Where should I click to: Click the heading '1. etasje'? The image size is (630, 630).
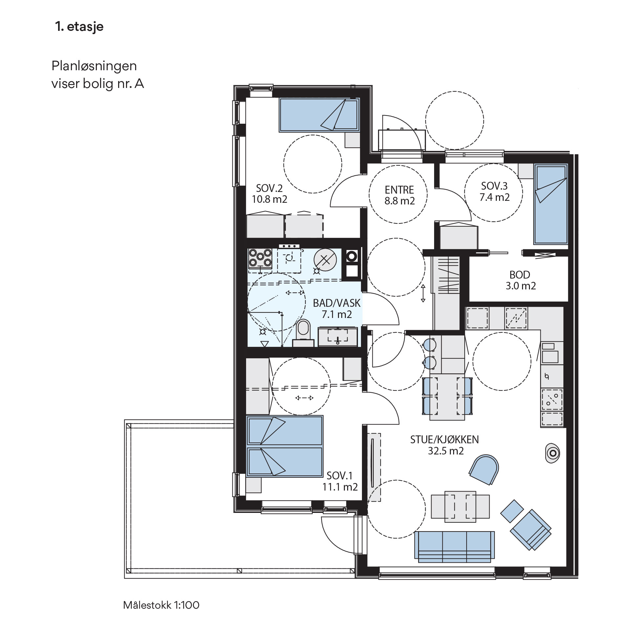[x=79, y=27]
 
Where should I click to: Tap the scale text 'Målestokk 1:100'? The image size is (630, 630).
[x=161, y=605]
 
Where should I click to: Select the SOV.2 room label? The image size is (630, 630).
[x=270, y=194]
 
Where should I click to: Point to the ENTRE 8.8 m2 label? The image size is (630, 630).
[x=399, y=195]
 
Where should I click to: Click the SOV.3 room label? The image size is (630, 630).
[x=494, y=192]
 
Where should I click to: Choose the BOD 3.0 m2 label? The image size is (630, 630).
[x=520, y=280]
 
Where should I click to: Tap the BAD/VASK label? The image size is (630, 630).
[x=337, y=308]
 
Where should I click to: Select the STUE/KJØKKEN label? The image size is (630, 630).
[x=445, y=445]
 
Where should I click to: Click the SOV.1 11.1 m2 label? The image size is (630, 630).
[x=340, y=481]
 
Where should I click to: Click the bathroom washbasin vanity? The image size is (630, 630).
[x=338, y=337]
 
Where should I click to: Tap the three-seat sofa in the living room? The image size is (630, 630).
[x=454, y=547]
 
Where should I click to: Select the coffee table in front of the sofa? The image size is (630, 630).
[x=460, y=506]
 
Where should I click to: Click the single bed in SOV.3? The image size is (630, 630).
[x=551, y=204]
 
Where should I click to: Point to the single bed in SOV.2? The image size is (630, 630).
[x=319, y=115]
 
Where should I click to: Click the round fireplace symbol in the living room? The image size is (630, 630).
[x=553, y=453]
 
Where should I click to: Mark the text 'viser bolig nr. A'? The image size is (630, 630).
[x=98, y=84]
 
